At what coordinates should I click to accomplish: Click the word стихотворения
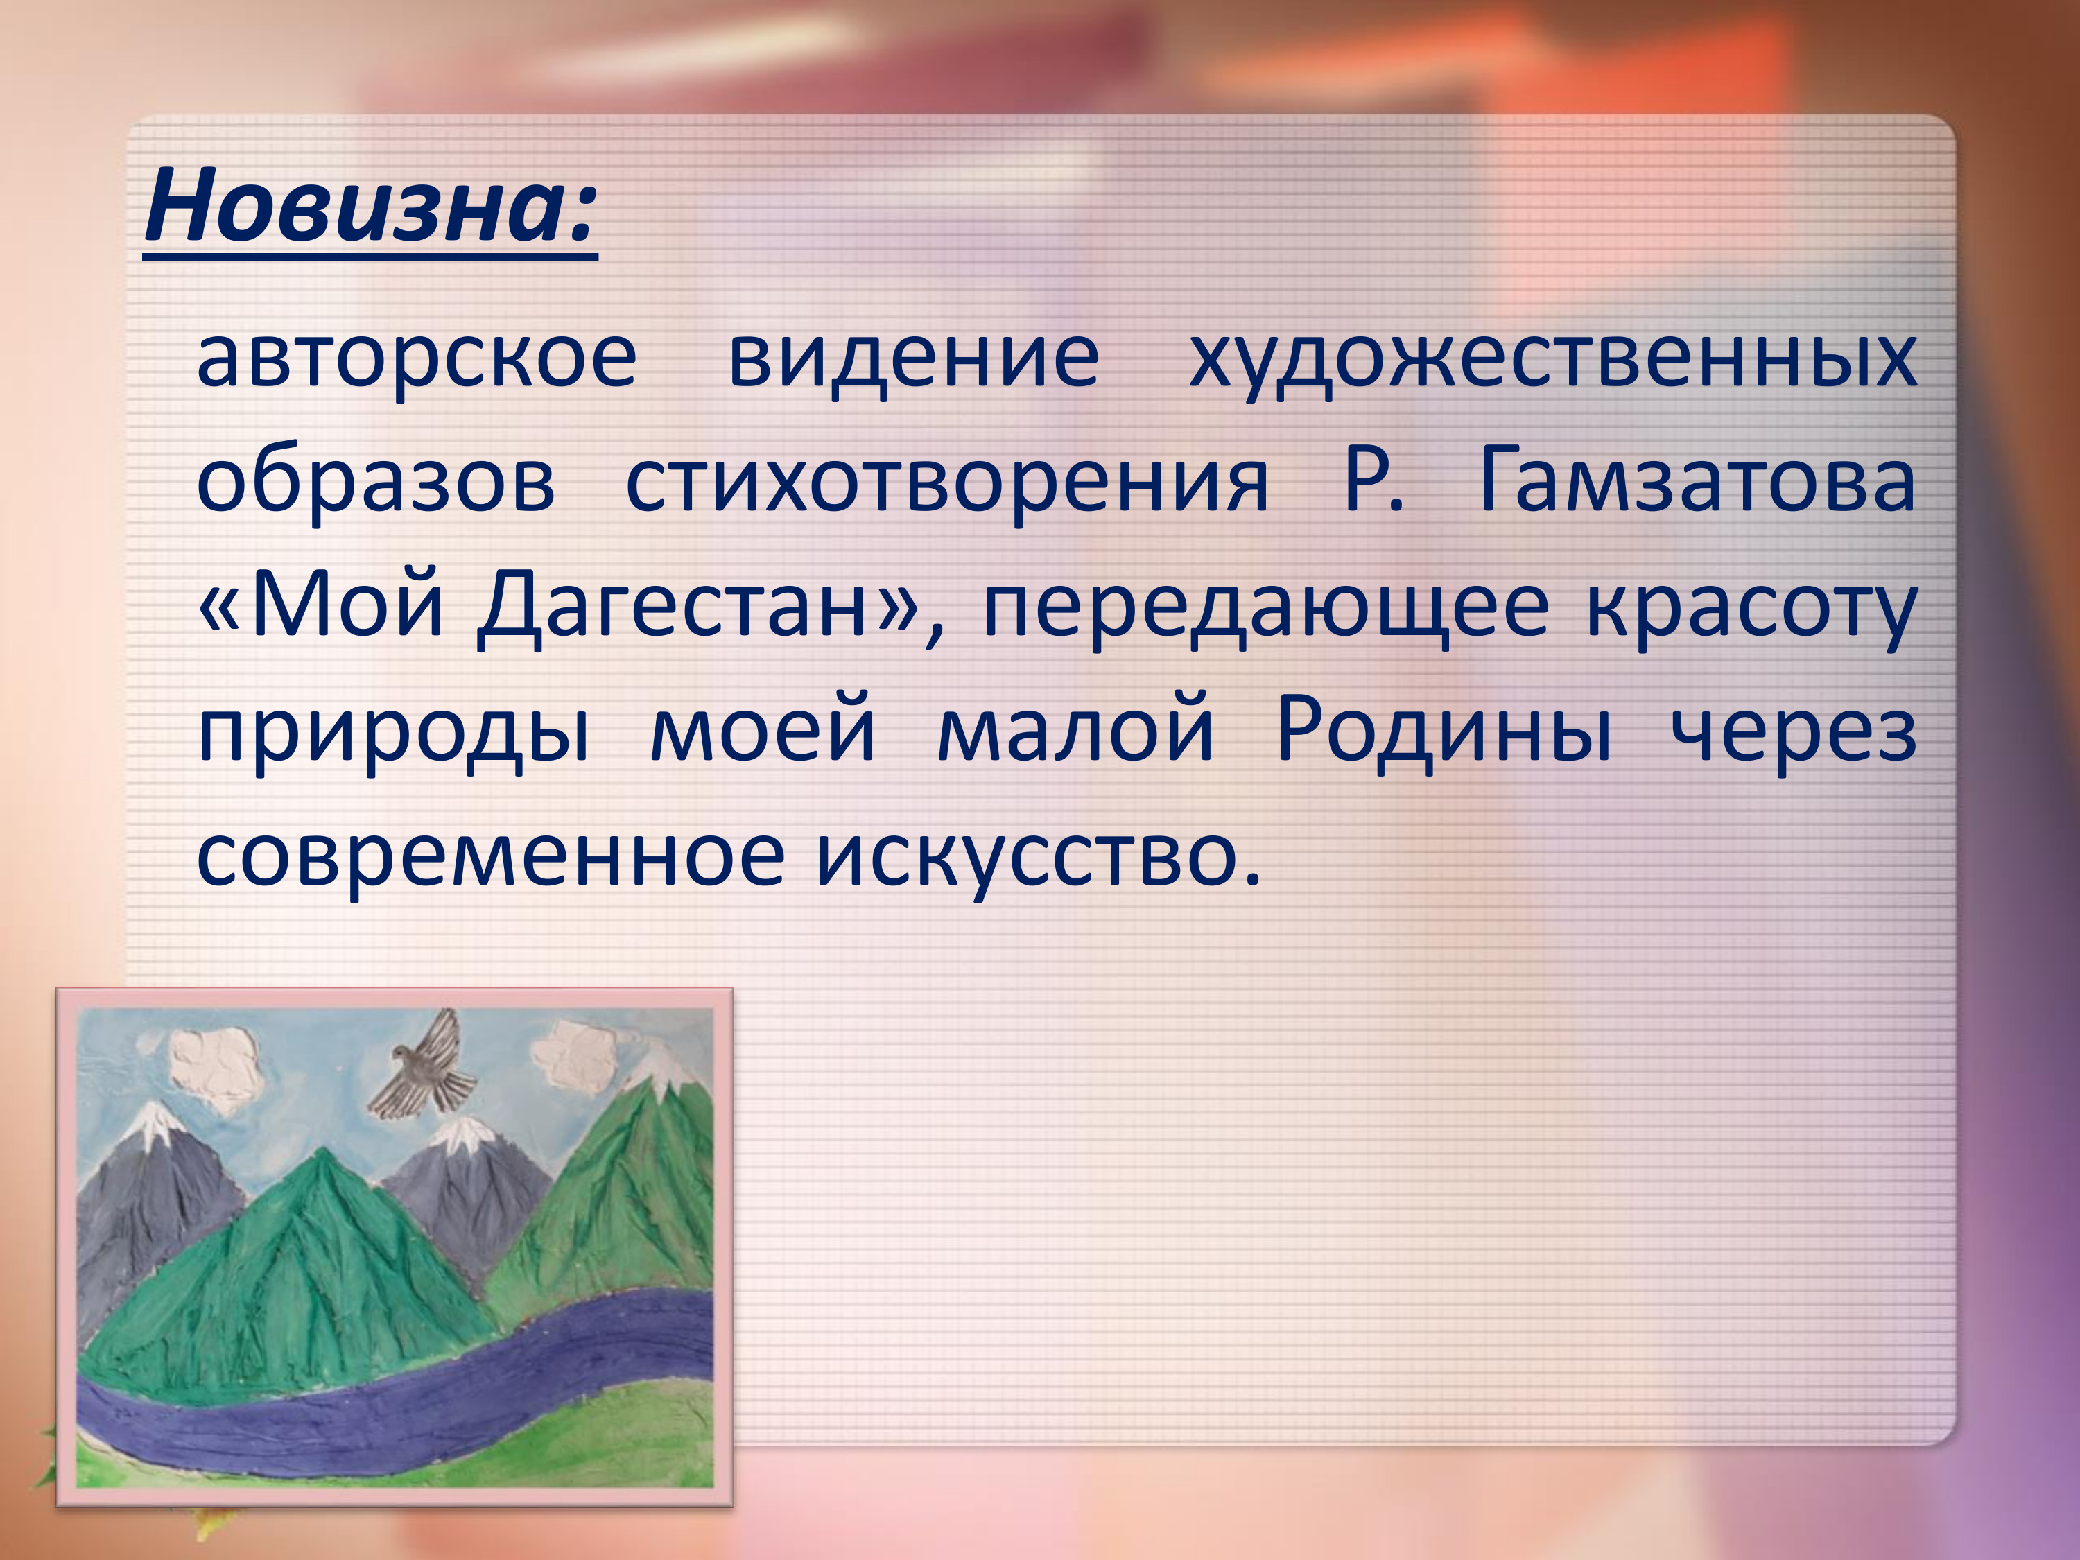(x=947, y=483)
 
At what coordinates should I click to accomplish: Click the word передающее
(x=1264, y=609)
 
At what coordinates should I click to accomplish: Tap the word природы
(x=393, y=734)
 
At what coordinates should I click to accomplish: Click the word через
(x=1793, y=734)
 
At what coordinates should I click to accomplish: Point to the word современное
(x=490, y=858)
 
